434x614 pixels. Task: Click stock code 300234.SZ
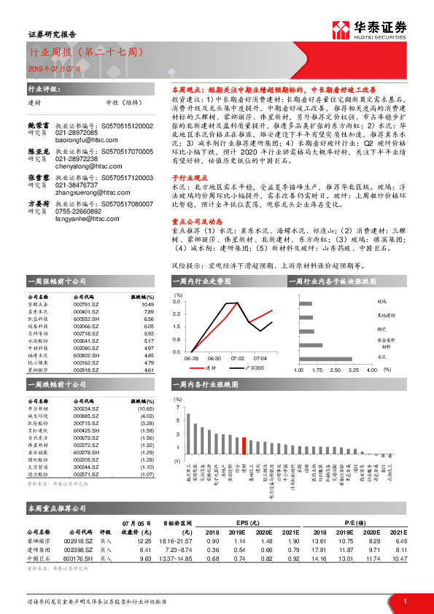pos(86,409)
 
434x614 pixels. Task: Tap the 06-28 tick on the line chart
pos(193,359)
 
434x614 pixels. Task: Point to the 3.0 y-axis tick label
pos(177,301)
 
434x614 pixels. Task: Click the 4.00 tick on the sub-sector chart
pos(371,370)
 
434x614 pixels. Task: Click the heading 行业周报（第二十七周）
pos(80,53)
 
